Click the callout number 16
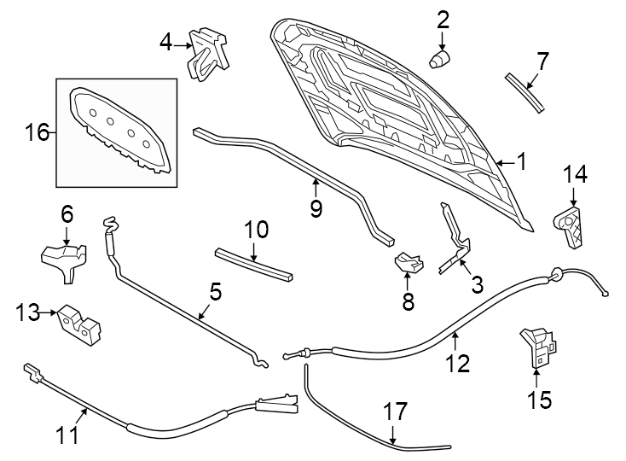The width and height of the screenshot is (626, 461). pos(37,132)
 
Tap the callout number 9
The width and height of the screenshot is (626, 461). pos(316,209)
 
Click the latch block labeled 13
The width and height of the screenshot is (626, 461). pos(79,324)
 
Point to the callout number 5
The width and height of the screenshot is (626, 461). pos(215,293)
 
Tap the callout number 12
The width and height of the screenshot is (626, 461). pos(457,364)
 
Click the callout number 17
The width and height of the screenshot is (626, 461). pos(393,412)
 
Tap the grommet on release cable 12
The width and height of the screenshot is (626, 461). pos(554,273)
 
